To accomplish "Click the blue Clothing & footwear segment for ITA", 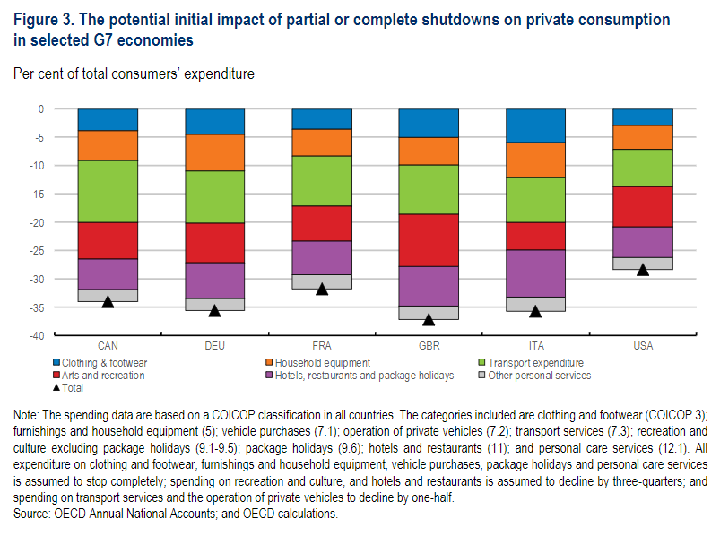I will click(535, 125).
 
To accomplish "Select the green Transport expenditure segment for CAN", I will click(108, 191).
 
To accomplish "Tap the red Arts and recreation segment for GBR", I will click(429, 240).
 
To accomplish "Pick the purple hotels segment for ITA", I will click(535, 273).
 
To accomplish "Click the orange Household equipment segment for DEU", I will click(214, 152).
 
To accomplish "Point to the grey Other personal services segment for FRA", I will click(322, 281).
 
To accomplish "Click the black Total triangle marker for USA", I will click(642, 269).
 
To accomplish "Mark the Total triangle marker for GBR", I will click(429, 319).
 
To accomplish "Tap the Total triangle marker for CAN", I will click(108, 301).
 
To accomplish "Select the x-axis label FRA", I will click(322, 346).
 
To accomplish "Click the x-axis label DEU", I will click(214, 346).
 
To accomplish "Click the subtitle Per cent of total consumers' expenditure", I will click(134, 73).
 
